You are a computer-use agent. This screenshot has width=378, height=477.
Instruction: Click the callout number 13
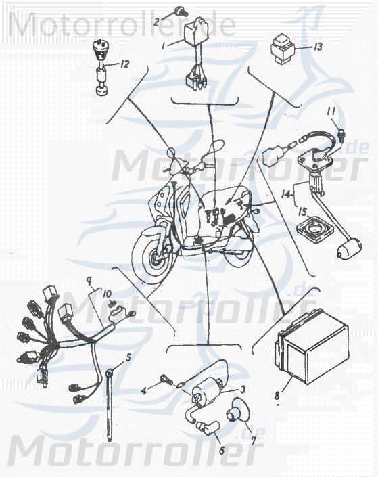coord(318,47)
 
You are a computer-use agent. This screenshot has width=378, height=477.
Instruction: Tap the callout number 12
coord(124,64)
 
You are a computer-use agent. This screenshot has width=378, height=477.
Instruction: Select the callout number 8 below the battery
coord(277,396)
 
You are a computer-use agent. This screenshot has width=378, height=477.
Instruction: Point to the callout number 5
coord(128,357)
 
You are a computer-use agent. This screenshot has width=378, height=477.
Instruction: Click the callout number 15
coord(303,211)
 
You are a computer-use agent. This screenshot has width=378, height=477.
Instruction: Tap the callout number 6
coord(222,450)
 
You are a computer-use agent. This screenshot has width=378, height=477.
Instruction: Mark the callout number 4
coord(144,390)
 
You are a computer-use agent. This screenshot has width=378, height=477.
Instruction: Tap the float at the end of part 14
coord(349,249)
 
